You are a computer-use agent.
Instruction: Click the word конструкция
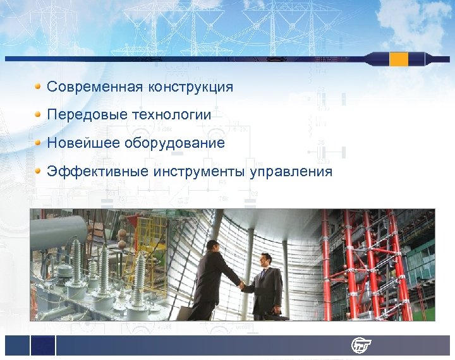click(x=191, y=87)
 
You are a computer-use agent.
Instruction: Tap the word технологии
click(x=171, y=115)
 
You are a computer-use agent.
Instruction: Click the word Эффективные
click(x=95, y=172)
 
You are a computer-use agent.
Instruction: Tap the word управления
click(x=291, y=172)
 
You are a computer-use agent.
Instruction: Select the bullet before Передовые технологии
click(x=39, y=114)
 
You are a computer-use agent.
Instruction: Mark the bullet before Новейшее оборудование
click(x=39, y=142)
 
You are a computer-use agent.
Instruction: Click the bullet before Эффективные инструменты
click(x=39, y=171)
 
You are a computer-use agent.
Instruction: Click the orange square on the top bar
click(x=399, y=59)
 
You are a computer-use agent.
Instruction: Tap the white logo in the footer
click(x=361, y=345)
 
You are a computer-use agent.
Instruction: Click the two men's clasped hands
click(x=241, y=285)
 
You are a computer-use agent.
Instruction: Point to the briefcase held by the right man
click(x=274, y=313)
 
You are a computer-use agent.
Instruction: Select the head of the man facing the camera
click(x=266, y=260)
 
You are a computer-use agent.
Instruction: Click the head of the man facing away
click(x=212, y=246)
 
